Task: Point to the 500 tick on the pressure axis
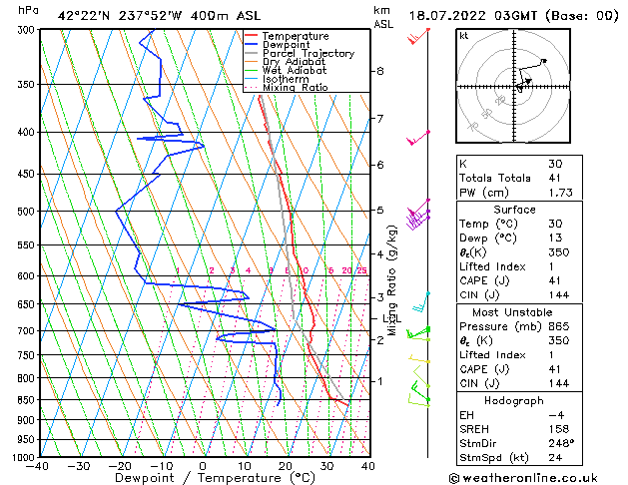pyautogui.click(x=24, y=212)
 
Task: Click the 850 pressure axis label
pyautogui.click(x=24, y=400)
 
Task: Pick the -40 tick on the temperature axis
pyautogui.click(x=39, y=465)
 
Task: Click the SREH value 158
pyautogui.click(x=557, y=431)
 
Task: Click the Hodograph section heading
pyautogui.click(x=514, y=401)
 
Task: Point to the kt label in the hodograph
pyautogui.click(x=463, y=35)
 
